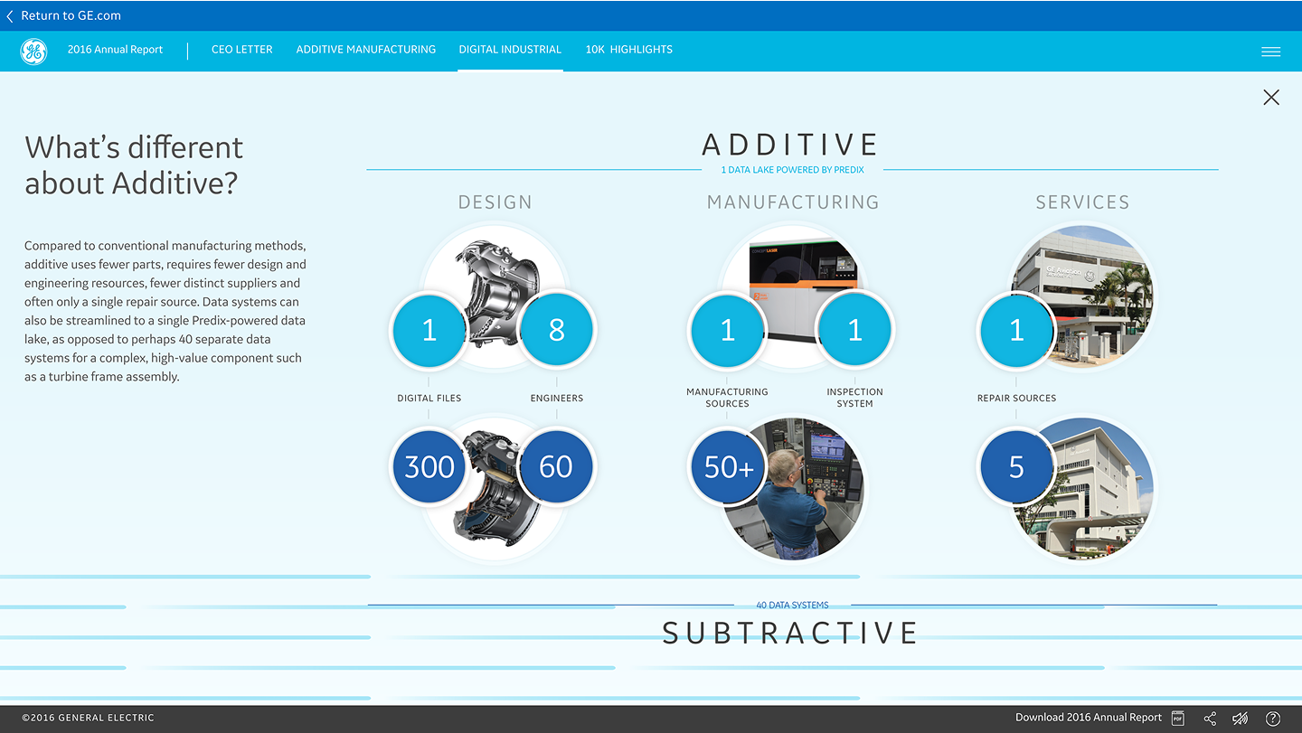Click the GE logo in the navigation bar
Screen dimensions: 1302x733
[33, 52]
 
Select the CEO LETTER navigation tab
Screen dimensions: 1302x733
[241, 50]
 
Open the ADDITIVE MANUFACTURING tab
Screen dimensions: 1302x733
[366, 50]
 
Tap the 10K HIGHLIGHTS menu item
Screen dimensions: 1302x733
[628, 50]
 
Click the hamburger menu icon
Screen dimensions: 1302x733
[1270, 52]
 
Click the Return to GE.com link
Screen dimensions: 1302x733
[64, 15]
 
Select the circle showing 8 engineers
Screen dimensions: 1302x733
[556, 331]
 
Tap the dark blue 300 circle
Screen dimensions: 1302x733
[429, 466]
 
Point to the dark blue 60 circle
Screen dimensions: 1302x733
[556, 466]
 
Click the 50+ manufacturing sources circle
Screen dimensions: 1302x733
[728, 466]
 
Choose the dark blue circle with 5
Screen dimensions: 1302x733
[1016, 466]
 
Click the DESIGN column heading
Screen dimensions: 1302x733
[495, 202]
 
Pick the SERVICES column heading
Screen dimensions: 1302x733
[1082, 202]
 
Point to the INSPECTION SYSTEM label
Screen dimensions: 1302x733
[854, 398]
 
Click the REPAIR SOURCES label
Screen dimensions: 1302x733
[1016, 398]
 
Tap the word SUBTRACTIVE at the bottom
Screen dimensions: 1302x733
[790, 633]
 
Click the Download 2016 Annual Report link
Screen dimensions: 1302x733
[1088, 718]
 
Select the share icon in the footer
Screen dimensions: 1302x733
[1210, 719]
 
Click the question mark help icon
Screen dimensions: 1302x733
[1272, 719]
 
